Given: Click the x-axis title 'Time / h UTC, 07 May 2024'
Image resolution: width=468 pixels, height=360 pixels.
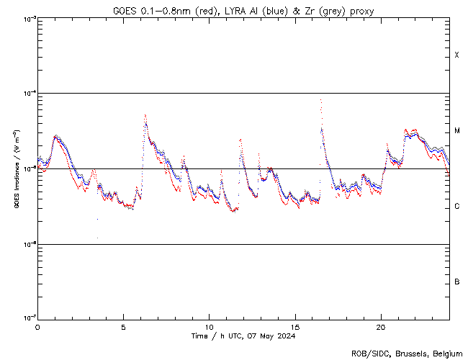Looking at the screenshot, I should pyautogui.click(x=243, y=336).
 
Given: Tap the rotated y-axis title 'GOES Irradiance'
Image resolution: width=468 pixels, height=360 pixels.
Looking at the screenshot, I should pyautogui.click(x=16, y=169).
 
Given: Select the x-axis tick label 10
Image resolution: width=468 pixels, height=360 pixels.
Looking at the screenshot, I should pyautogui.click(x=209, y=326).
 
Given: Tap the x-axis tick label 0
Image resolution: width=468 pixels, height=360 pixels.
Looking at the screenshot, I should pyautogui.click(x=37, y=326).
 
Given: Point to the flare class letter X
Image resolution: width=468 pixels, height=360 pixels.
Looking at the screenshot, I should pyautogui.click(x=456, y=55).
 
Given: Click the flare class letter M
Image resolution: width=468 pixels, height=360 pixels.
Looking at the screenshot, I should pyautogui.click(x=457, y=131).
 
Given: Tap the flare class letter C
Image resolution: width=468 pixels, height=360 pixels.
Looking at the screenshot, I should pyautogui.click(x=457, y=207).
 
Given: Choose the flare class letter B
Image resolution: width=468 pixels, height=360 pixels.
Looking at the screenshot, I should pyautogui.click(x=457, y=282).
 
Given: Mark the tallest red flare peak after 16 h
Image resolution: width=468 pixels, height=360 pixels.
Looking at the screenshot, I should pyautogui.click(x=320, y=101).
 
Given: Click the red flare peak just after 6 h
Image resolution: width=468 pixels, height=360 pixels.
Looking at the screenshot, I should pyautogui.click(x=145, y=115).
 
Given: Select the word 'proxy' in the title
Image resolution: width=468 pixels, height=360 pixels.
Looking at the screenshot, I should pyautogui.click(x=361, y=11).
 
